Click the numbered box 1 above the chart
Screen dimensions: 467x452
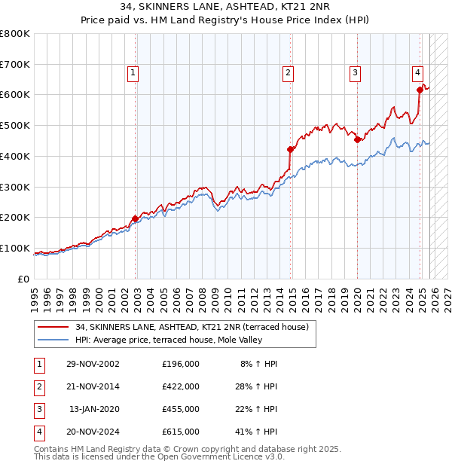tap(133, 73)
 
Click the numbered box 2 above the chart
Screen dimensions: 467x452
tap(288, 73)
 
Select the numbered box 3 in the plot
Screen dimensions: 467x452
tap(354, 73)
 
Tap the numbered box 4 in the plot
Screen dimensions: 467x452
tap(417, 73)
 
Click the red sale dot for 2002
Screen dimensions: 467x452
tap(136, 218)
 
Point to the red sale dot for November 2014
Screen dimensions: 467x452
tap(290, 149)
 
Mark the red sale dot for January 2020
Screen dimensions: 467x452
tap(357, 139)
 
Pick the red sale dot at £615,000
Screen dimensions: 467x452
tap(420, 90)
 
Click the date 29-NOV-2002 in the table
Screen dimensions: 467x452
tap(93, 364)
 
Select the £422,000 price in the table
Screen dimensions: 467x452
tap(180, 386)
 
